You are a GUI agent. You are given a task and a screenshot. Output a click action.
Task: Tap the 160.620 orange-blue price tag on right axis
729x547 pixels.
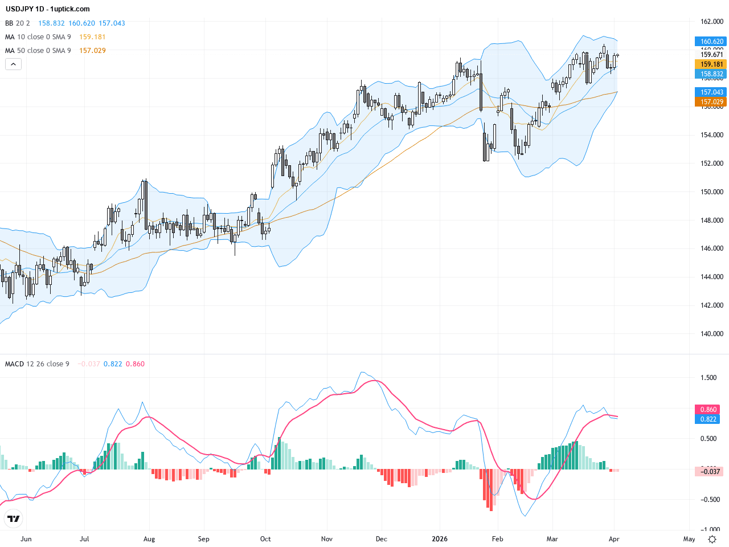point(711,42)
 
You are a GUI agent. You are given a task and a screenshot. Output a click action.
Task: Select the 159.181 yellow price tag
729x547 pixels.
point(711,64)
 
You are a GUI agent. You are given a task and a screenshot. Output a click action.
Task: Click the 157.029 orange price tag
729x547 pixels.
point(711,102)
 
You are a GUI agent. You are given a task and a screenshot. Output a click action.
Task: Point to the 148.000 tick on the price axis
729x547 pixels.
point(711,221)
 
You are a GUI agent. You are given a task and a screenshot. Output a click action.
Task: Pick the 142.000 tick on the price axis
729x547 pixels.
point(711,305)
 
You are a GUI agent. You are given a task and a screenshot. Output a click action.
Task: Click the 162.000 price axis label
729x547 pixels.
point(711,22)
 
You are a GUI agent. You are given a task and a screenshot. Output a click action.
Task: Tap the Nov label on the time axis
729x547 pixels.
point(327,539)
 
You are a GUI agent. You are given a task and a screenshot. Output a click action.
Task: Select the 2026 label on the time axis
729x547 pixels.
point(440,539)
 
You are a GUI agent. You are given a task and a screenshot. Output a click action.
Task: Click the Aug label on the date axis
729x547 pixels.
point(149,539)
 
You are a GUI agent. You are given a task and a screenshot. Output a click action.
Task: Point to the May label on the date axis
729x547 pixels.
point(689,539)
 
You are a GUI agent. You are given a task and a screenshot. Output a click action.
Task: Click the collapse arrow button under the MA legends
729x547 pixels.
point(13,64)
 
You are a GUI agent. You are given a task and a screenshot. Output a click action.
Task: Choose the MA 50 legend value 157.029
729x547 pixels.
point(92,51)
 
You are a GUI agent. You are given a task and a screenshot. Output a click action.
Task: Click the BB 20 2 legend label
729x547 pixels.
point(18,23)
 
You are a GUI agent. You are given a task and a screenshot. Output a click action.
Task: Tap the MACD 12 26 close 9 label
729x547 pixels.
point(37,364)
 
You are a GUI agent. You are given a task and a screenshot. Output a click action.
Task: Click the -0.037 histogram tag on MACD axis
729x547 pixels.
point(710,472)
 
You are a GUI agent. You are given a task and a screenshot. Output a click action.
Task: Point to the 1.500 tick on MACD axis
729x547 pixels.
point(708,378)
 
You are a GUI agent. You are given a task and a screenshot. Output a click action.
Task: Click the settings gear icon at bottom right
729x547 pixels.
point(712,539)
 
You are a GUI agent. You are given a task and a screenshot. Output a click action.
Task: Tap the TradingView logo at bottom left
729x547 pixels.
point(14,519)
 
